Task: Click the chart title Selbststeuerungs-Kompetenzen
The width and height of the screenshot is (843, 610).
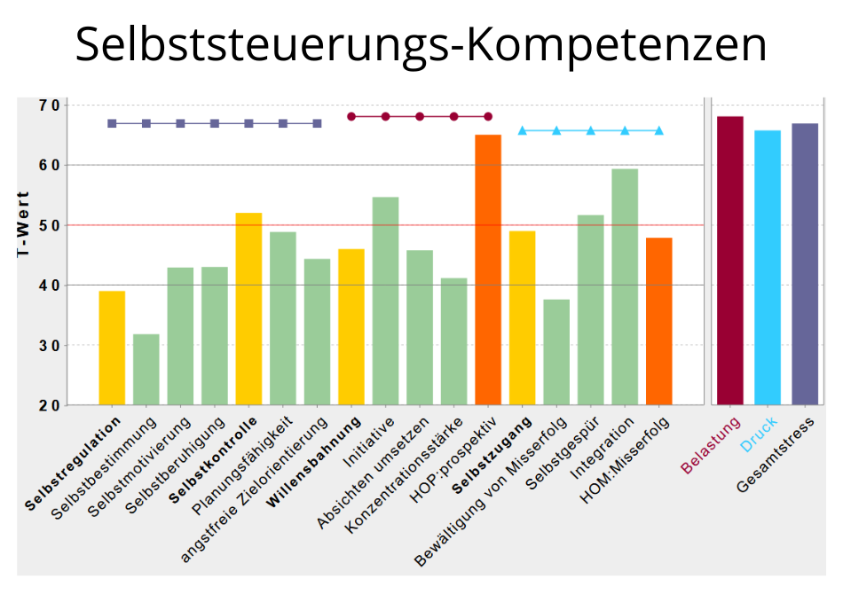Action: [x=421, y=44]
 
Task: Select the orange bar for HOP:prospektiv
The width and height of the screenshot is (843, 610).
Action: [x=488, y=270]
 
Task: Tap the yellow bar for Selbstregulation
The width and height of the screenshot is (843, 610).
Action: [x=112, y=348]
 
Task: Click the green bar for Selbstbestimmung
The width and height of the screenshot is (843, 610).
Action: [x=146, y=369]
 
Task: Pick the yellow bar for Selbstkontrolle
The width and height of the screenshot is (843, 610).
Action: [x=248, y=309]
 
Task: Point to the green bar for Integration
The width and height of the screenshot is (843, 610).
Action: [x=625, y=286]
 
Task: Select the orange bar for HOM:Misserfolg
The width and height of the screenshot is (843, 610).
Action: [x=659, y=321]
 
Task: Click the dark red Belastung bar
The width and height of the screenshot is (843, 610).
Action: [x=729, y=261]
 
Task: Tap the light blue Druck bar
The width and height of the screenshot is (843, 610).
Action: [x=768, y=268]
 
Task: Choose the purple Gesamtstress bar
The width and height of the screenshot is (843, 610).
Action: [x=805, y=264]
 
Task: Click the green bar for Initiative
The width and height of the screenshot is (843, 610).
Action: [x=385, y=301]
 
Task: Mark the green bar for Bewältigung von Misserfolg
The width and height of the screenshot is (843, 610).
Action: [x=556, y=352]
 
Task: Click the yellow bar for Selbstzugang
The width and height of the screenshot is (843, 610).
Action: [x=522, y=317]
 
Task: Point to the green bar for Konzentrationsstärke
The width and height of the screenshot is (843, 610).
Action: [x=453, y=341]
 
